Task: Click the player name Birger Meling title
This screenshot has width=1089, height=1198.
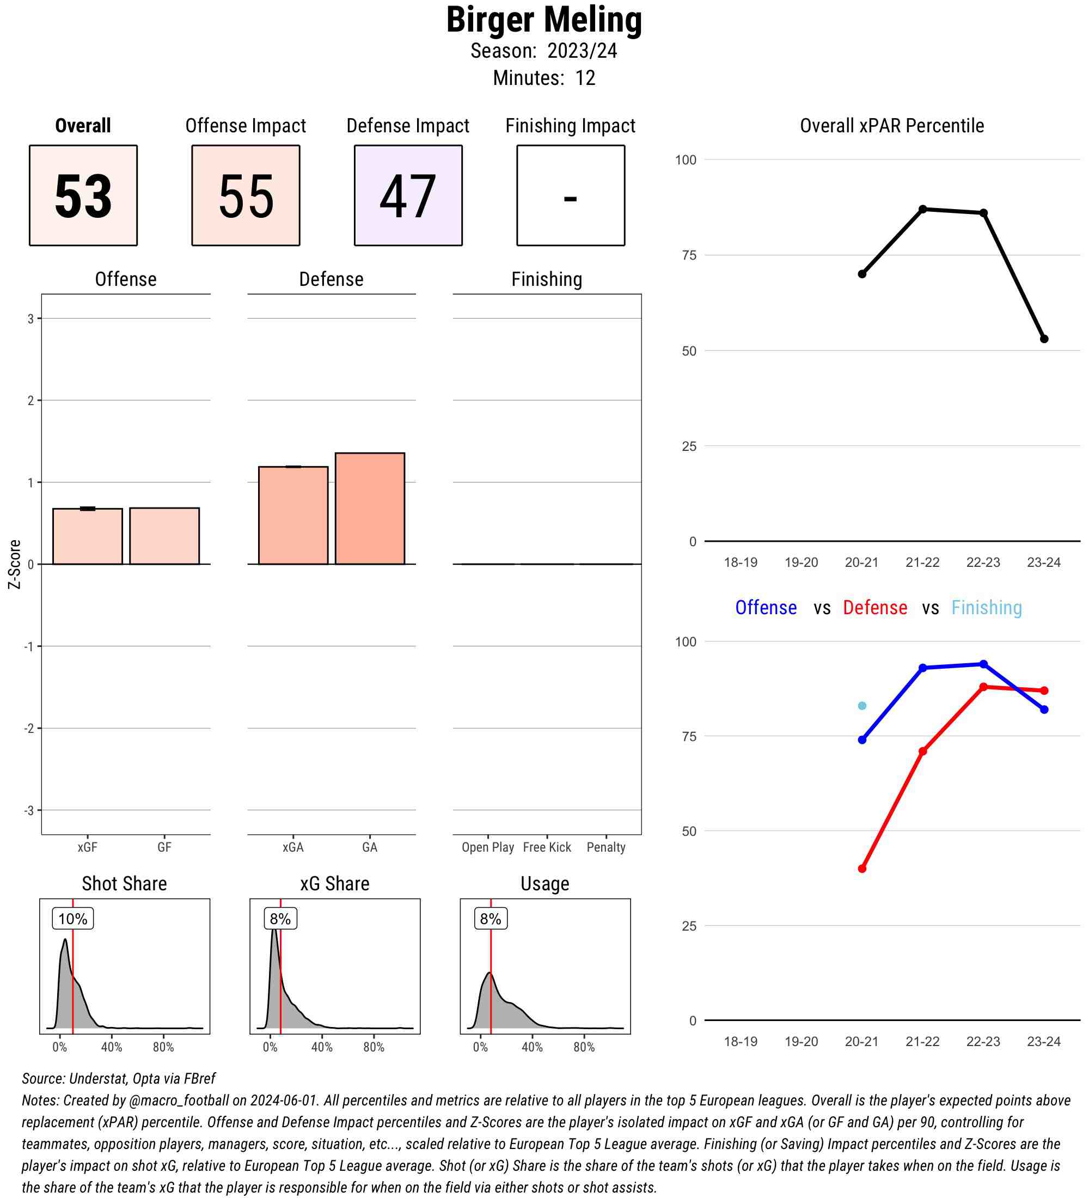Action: coord(543,20)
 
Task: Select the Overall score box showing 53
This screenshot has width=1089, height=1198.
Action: coord(83,195)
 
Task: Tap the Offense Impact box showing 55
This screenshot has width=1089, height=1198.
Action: coord(246,195)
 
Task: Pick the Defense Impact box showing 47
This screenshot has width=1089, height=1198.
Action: coord(408,195)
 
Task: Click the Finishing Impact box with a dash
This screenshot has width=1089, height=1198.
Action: coord(570,195)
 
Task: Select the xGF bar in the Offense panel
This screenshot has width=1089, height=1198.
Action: coord(87,536)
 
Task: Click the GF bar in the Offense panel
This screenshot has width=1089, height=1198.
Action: coord(164,536)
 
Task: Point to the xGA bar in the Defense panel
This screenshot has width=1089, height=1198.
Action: coord(293,515)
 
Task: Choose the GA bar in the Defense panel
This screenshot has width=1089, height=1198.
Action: coord(370,509)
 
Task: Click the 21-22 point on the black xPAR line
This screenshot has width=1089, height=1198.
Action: coord(922,209)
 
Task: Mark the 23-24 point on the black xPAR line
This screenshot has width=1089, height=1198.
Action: coord(1044,339)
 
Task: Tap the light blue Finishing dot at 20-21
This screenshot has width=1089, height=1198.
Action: coord(862,706)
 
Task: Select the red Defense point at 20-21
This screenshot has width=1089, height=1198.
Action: coord(862,869)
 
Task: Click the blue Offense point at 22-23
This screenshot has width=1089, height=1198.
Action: coord(983,664)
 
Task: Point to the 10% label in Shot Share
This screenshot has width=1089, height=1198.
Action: coord(72,919)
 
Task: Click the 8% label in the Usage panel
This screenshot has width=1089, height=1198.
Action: coord(491,919)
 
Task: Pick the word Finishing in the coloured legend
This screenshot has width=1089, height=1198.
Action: coord(986,608)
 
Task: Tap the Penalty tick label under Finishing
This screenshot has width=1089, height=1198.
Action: coord(606,847)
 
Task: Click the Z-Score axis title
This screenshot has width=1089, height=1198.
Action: coord(14,564)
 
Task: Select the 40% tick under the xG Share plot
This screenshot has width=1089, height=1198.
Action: coord(322,1047)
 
